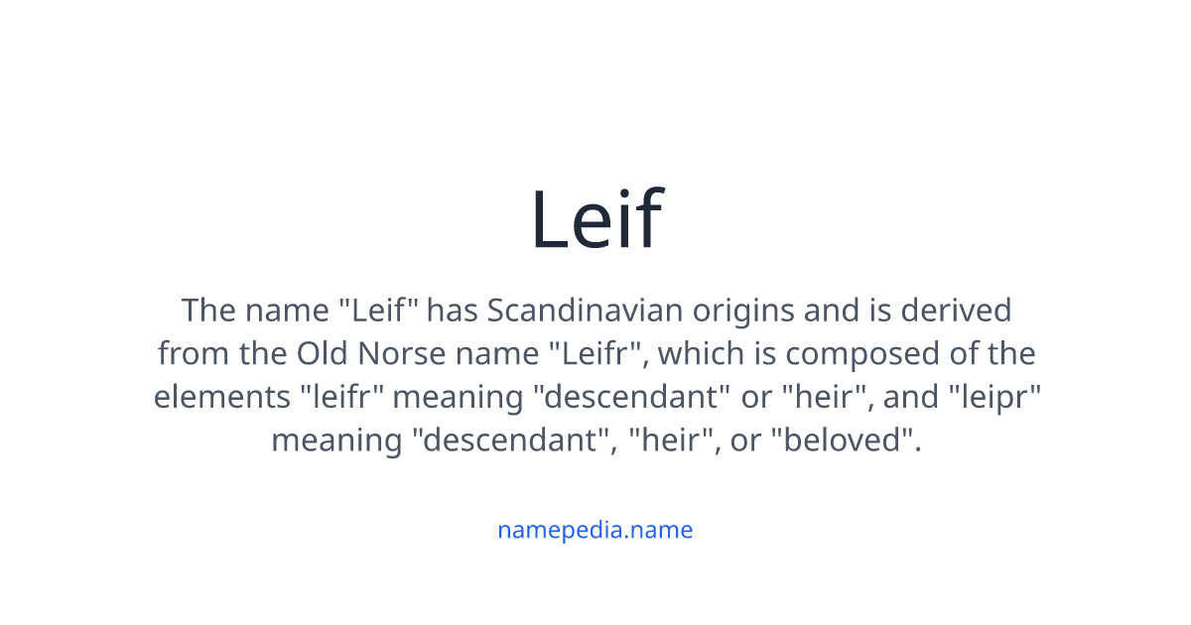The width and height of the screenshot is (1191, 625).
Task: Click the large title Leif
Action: (595, 219)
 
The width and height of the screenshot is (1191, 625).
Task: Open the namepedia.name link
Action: (595, 530)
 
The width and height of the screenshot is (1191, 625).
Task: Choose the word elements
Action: (220, 397)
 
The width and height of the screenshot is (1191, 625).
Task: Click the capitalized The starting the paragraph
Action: (208, 311)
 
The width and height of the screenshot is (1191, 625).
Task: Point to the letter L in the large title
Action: (550, 219)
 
